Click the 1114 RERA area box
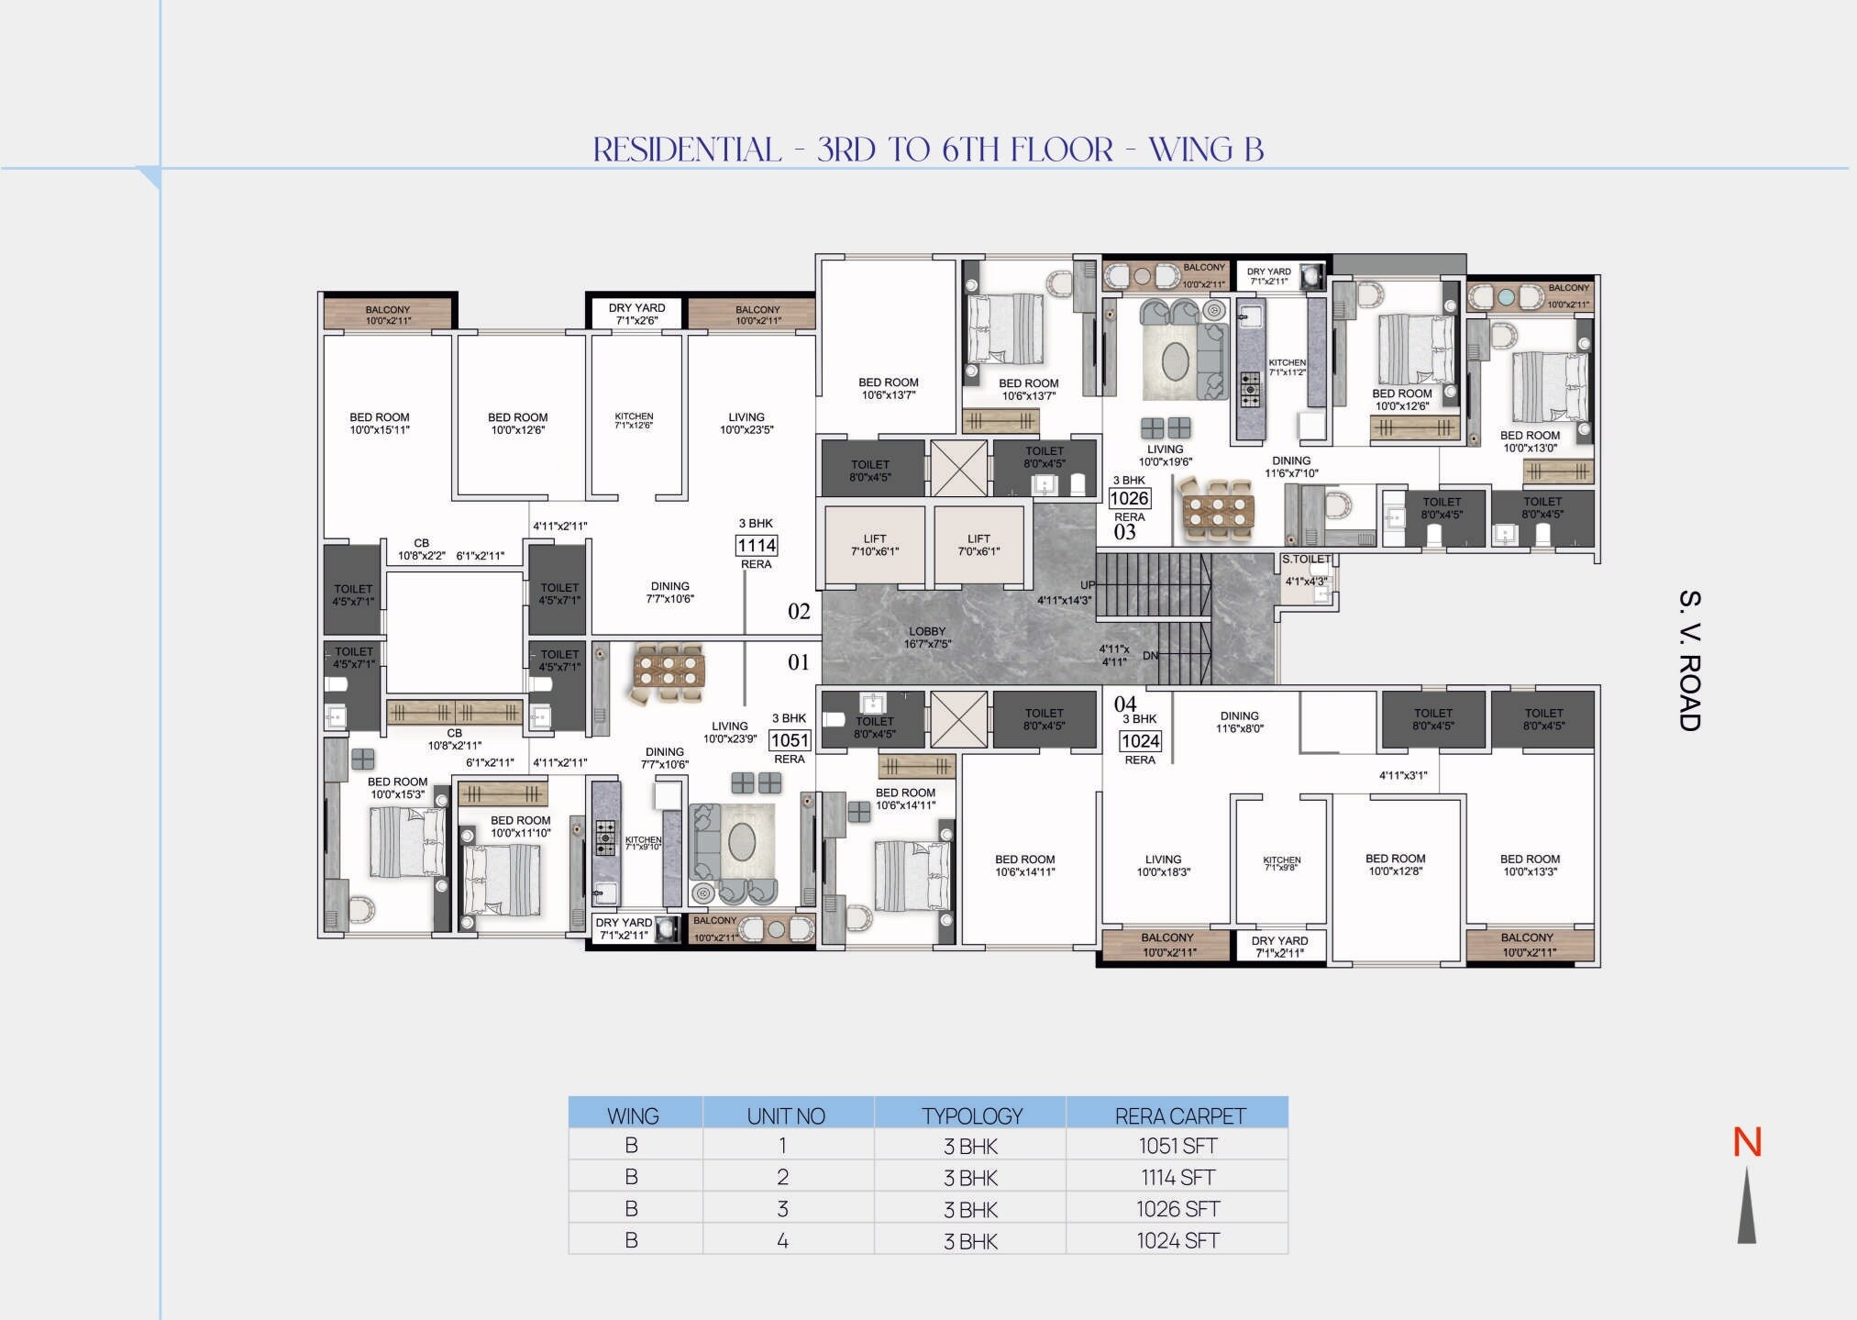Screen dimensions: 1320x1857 coord(757,546)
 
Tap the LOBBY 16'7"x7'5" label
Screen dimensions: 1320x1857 coord(927,638)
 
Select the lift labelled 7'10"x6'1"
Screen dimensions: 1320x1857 coord(874,545)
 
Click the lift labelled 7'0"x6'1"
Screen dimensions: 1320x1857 coord(978,545)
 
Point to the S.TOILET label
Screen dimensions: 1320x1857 coord(1305,559)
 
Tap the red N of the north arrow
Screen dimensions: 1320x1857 coord(1746,1143)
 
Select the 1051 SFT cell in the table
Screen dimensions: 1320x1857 coord(1177,1146)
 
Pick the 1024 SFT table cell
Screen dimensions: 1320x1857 coord(1177,1240)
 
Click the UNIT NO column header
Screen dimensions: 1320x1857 coord(786,1115)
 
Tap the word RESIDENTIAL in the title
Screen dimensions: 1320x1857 coord(687,150)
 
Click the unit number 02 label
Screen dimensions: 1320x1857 coord(799,612)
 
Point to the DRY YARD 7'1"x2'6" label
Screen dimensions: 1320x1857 coord(636,314)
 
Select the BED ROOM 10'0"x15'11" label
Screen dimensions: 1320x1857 coord(379,423)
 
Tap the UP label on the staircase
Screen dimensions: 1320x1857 coord(1087,585)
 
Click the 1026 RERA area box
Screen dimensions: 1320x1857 coord(1129,498)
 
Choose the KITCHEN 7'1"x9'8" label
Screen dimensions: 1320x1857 coord(1281,863)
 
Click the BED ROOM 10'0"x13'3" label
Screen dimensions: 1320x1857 coord(1530,865)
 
